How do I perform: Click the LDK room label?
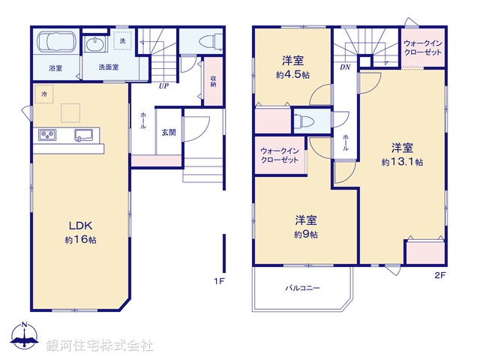[80, 225]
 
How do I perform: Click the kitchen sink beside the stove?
[82, 135]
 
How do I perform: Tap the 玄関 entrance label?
[169, 132]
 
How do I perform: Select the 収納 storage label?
[214, 80]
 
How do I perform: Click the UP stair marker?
[163, 85]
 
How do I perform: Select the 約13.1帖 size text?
[401, 161]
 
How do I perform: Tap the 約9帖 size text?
[305, 235]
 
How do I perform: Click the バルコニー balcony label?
[302, 288]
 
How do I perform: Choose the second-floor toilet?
[304, 121]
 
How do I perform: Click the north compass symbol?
[24, 337]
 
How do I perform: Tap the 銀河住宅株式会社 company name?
[100, 345]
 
